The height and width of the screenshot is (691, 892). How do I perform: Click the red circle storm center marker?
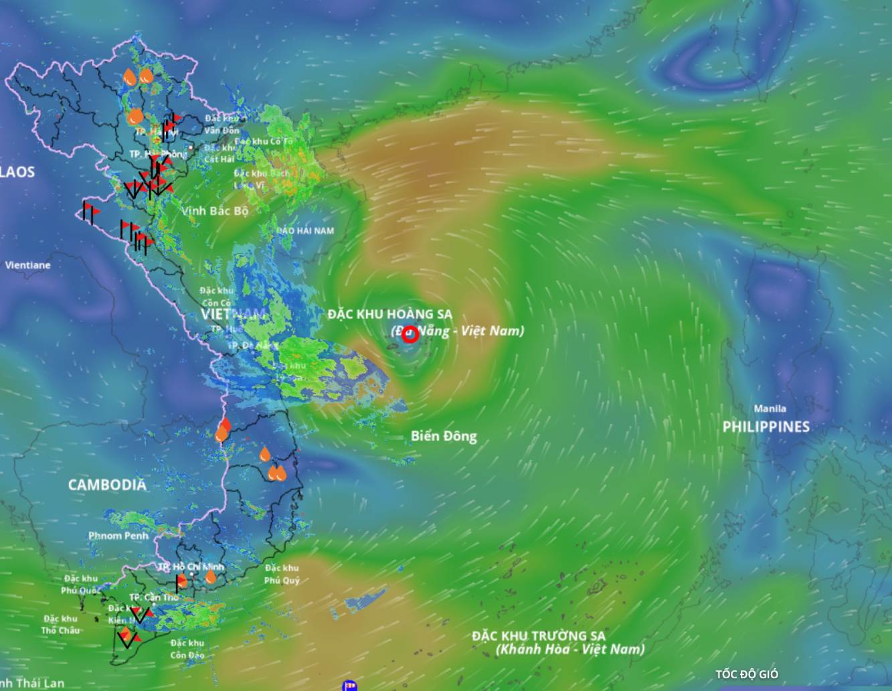[x=410, y=334]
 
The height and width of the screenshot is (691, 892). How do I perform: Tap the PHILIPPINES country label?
[x=766, y=427]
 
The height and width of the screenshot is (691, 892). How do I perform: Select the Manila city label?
[x=770, y=408]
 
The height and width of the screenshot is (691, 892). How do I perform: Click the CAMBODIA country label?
[x=107, y=485]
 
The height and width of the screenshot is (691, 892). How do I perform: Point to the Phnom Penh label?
[x=118, y=536]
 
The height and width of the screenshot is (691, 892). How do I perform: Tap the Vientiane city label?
[x=27, y=265]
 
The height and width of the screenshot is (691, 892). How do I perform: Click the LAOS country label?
[x=17, y=172]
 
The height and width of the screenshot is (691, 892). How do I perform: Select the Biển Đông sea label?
[x=444, y=437]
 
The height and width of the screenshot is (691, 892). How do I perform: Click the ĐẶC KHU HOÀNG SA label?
[x=389, y=314]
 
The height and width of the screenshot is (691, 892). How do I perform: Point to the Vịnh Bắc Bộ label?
[x=215, y=210]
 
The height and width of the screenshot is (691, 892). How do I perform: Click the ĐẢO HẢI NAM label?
[x=305, y=231]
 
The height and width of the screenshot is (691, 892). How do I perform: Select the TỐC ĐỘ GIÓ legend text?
[x=747, y=674]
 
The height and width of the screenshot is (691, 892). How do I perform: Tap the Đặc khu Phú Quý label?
[x=281, y=574]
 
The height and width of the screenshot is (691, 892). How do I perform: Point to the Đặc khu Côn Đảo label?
[x=187, y=649]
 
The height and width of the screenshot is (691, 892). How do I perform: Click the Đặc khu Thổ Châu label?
[x=60, y=625]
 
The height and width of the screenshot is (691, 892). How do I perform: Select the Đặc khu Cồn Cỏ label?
[x=216, y=297]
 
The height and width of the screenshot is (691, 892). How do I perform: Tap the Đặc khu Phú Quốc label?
[x=81, y=585]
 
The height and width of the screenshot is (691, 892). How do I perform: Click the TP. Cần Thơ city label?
[x=154, y=597]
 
